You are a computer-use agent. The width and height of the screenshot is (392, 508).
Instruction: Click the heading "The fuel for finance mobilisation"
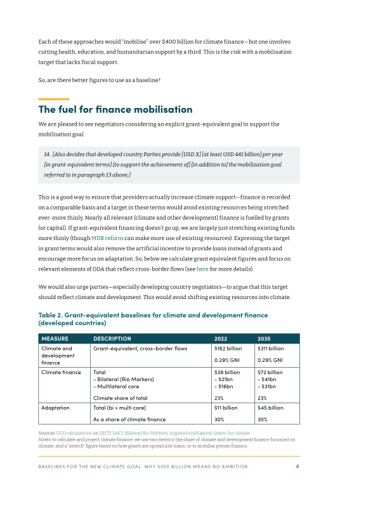pyautogui.click(x=115, y=110)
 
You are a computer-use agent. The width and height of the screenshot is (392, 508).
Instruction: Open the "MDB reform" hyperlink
pyautogui.click(x=109, y=220)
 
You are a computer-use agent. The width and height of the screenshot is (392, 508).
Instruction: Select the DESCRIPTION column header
pyautogui.click(x=112, y=338)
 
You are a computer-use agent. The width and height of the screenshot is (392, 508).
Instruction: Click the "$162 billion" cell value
pyautogui.click(x=228, y=349)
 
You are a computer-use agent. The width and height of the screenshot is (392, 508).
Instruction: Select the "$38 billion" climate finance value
pyautogui.click(x=227, y=372)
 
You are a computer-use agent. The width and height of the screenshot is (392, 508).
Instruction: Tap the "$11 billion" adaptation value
pyautogui.click(x=226, y=408)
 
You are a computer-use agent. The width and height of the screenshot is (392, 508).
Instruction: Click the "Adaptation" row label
pyautogui.click(x=56, y=408)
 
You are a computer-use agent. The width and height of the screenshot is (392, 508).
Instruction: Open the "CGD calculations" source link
pyautogui.click(x=79, y=432)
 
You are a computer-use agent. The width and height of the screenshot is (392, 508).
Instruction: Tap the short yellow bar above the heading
pyautogui.click(x=53, y=99)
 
